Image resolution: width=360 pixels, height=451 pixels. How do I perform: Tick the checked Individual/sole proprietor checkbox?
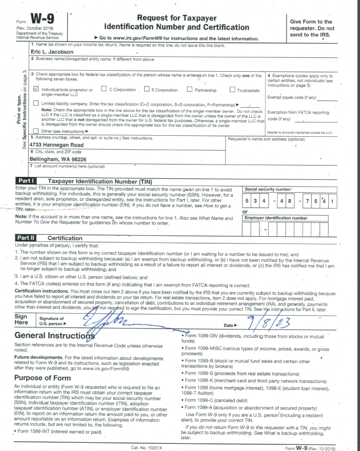35,89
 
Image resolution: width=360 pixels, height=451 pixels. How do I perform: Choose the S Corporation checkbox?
146,90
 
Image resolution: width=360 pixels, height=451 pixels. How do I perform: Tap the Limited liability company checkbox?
35,104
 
